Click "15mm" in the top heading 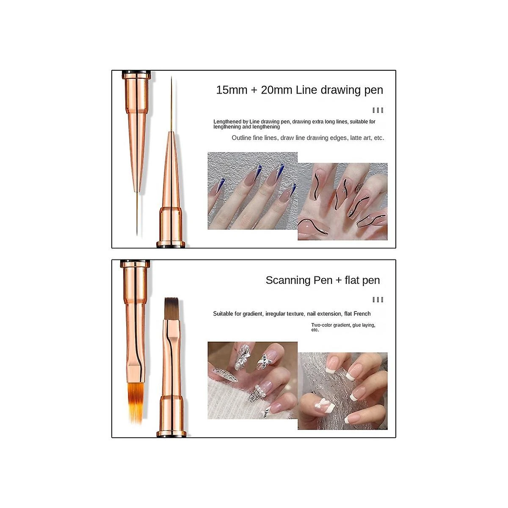[x=232, y=90]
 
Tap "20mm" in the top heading [x=276, y=90]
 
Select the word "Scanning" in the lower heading [x=287, y=281]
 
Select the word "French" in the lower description [x=362, y=314]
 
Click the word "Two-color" [x=321, y=325]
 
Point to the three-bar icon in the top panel [x=378, y=110]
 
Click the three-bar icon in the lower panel [x=378, y=300]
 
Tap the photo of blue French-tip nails [x=253, y=190]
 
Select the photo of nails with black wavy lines [x=342, y=202]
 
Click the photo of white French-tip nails [x=342, y=391]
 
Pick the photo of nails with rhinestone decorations [x=253, y=381]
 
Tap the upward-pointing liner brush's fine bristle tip [x=171, y=77]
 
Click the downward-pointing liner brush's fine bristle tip [x=137, y=235]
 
